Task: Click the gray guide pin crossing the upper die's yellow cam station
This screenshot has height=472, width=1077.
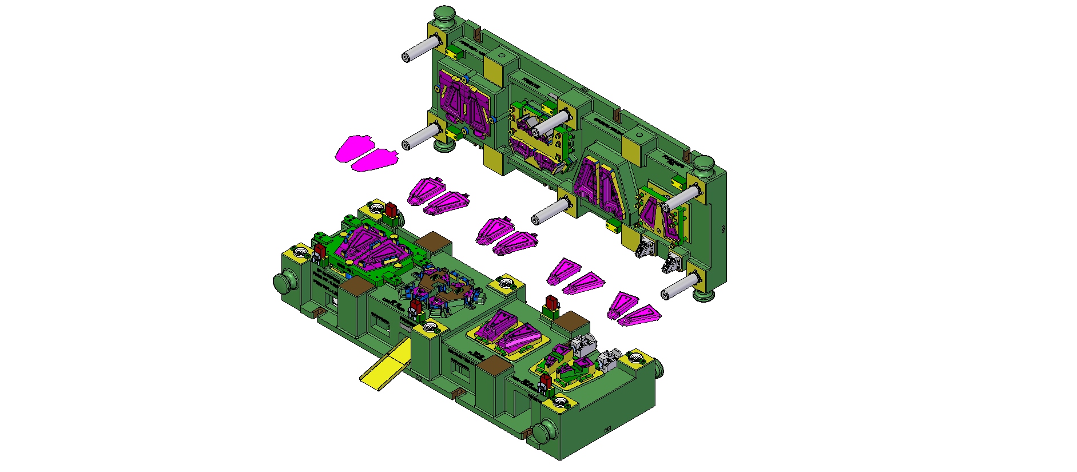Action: pos(550,122)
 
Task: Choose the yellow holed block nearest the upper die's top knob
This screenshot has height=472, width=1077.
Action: pos(454,53)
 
